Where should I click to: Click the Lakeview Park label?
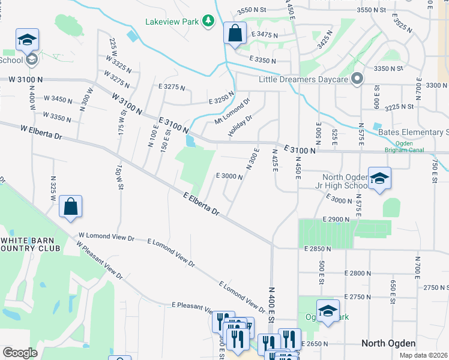tap(172, 22)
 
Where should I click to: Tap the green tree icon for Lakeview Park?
tap(208, 22)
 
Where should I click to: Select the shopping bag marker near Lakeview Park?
tap(235, 34)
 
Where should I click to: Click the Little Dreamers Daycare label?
tap(303, 79)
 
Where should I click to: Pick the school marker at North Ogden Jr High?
tap(379, 179)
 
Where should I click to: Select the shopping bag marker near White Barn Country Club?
tap(71, 208)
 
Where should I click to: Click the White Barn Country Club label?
tap(30, 244)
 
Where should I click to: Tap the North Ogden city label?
tap(389, 343)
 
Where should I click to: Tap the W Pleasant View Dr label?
tap(100, 261)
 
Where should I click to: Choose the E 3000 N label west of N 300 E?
tap(229, 176)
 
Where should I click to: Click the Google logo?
tap(20, 352)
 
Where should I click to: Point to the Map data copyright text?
tap(423, 355)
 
